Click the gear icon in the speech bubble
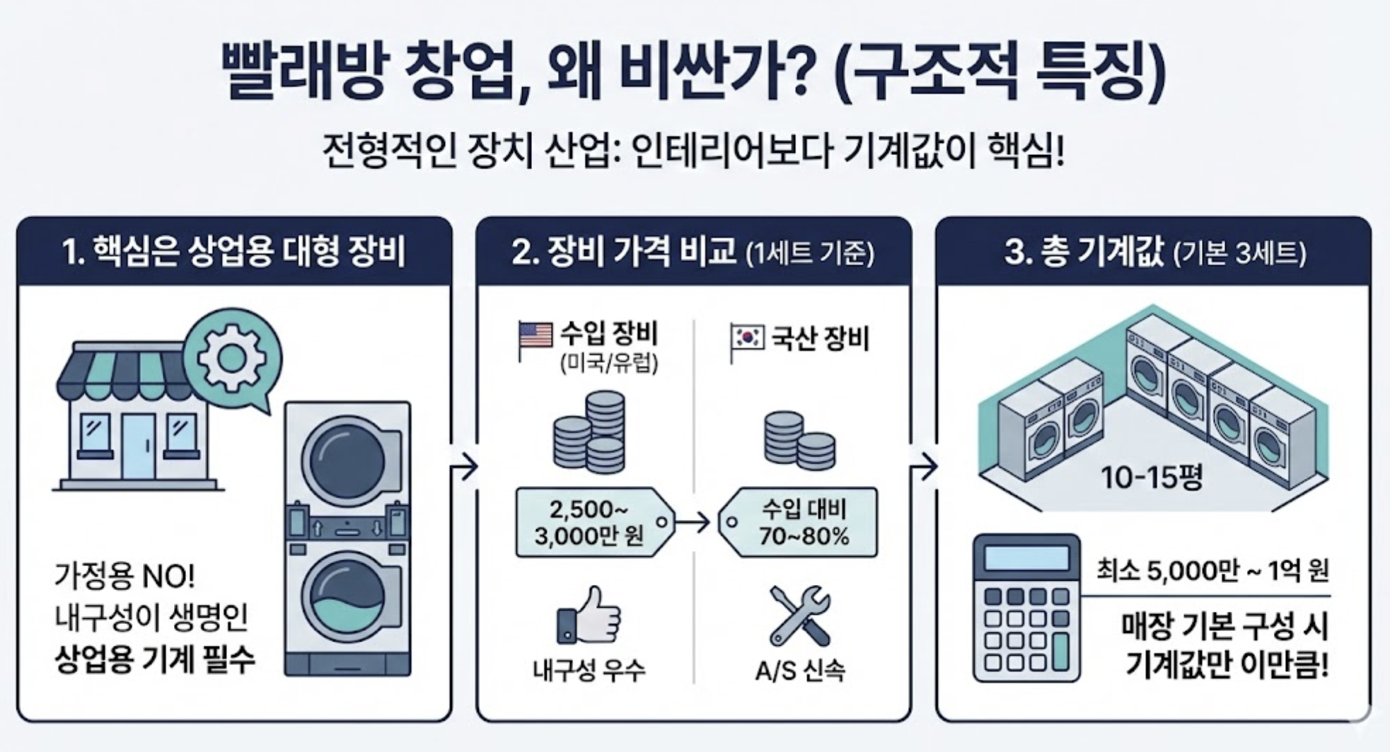(x=232, y=359)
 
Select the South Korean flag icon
(x=747, y=338)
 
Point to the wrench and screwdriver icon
(x=799, y=615)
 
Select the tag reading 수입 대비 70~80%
(x=799, y=523)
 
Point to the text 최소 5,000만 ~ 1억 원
(x=1212, y=571)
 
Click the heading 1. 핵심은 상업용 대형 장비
(x=233, y=253)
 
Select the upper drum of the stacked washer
(x=345, y=460)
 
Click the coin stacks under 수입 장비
(x=589, y=433)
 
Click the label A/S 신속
(x=799, y=670)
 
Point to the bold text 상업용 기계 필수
(x=154, y=661)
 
